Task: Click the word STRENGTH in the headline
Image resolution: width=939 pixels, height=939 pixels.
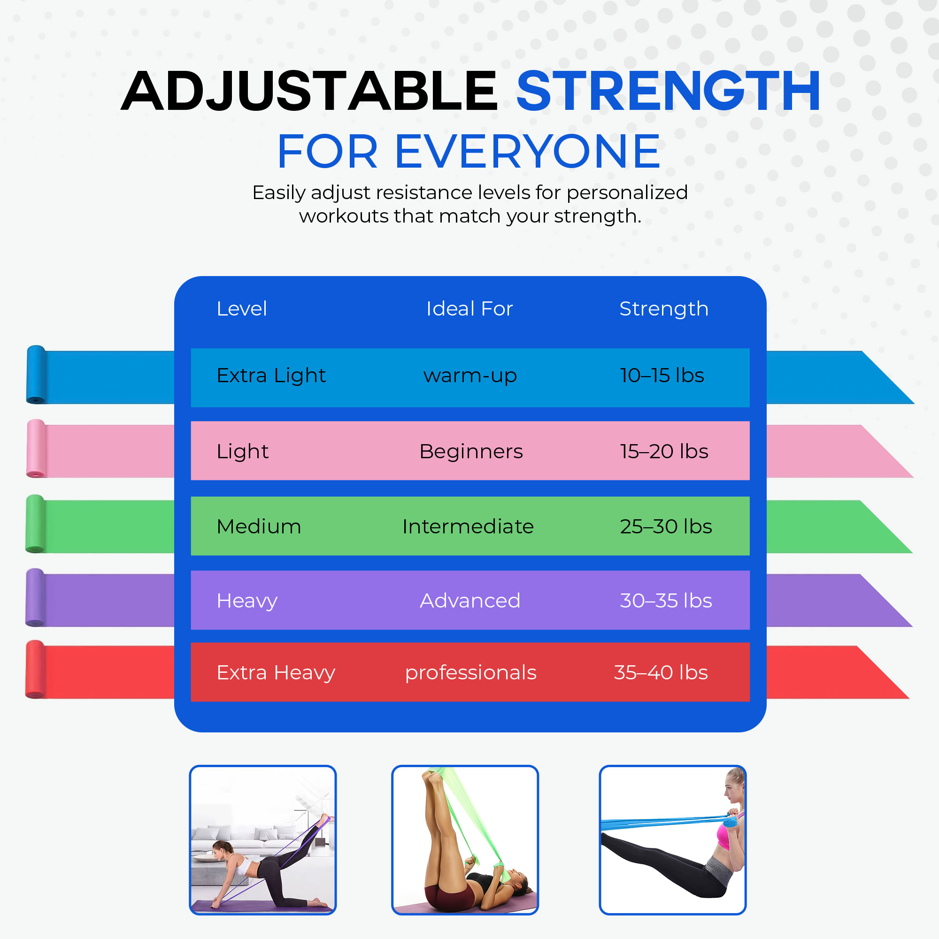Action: point(668,91)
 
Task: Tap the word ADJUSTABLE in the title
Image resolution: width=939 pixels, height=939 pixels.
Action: point(309,91)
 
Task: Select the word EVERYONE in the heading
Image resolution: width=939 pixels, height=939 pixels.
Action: point(528,152)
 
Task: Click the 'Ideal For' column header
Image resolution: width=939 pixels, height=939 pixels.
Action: point(469,308)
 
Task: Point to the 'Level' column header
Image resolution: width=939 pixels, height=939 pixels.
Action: point(241,308)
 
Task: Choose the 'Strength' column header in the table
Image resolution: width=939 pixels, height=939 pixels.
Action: point(664,309)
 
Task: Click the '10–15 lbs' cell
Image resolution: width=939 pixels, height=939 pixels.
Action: point(662,375)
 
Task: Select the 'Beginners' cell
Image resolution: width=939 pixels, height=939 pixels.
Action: point(471,451)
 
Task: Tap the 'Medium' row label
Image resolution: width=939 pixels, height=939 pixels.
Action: point(259,526)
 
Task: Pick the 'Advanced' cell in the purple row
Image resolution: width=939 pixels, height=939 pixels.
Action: point(470,601)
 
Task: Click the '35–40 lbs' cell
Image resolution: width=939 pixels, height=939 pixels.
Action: point(661,672)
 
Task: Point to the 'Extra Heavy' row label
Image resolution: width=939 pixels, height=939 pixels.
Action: point(276,673)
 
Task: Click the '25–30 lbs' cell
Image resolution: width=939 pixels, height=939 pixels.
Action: point(666,526)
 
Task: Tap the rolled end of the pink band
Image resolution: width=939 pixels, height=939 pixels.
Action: point(36,448)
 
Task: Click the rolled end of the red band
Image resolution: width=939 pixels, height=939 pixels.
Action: point(35,669)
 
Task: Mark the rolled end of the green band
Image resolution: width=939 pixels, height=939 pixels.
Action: point(35,524)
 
